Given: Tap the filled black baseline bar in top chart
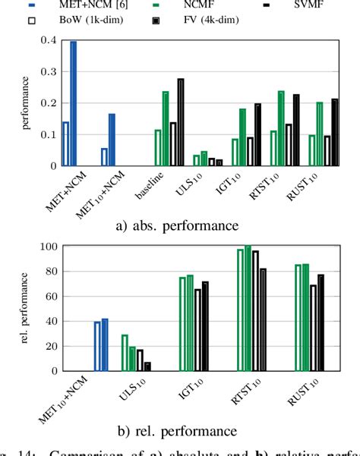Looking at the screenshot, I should coord(181,122).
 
